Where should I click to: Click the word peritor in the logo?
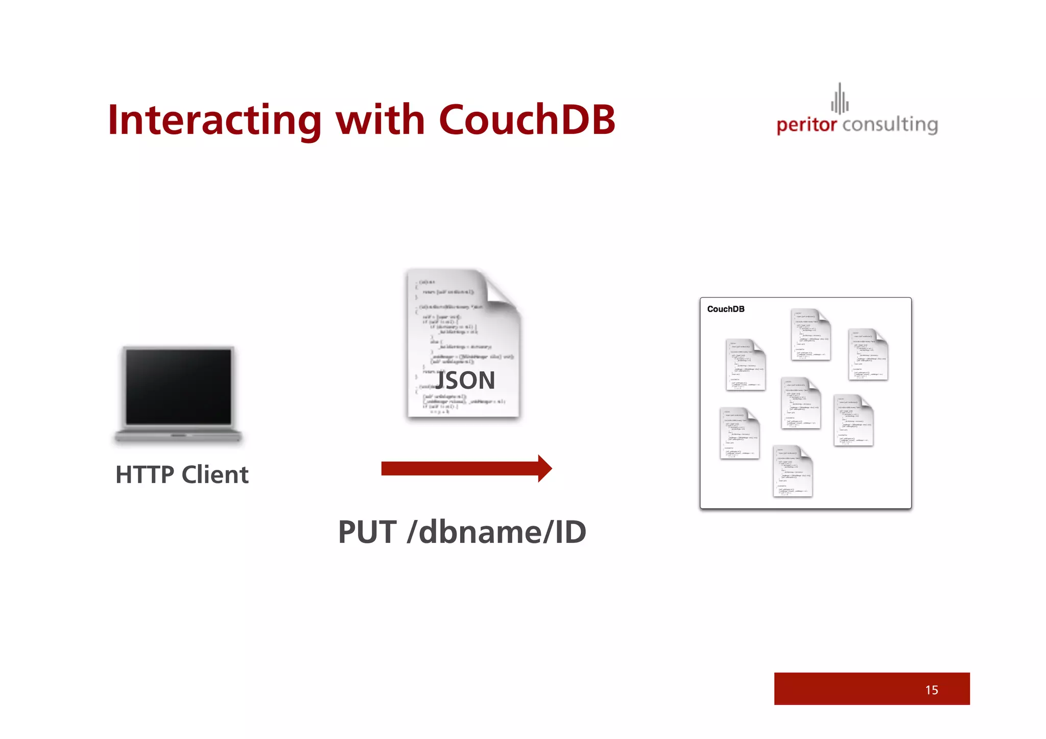(806, 125)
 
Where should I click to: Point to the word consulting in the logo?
(890, 125)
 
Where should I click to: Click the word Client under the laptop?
(215, 475)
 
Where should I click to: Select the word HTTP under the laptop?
(145, 475)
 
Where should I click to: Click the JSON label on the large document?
(465, 380)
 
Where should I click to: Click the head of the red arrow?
(544, 468)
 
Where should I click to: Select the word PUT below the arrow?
(367, 532)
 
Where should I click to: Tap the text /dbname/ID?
(496, 532)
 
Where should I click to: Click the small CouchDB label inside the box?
(725, 309)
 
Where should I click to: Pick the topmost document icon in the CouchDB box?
(811, 335)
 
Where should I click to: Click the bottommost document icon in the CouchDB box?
(793, 471)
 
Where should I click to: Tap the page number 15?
(932, 690)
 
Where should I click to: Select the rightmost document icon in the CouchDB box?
(868, 354)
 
